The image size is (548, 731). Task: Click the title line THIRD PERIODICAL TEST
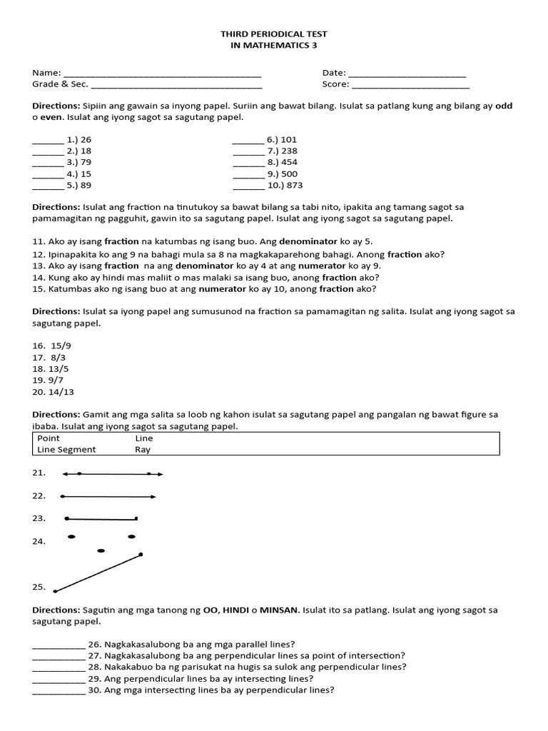point(274,34)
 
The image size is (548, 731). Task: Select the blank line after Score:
point(410,85)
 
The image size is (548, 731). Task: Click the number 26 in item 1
point(86,140)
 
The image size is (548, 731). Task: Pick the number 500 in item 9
point(289,174)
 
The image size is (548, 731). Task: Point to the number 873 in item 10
point(294,186)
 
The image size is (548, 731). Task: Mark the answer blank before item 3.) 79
point(48,163)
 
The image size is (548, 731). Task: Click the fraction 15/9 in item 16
point(61,346)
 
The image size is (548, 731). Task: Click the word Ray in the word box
point(143,450)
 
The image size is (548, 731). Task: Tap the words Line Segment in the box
point(66,450)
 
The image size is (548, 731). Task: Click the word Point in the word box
point(49,438)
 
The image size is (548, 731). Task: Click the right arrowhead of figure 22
point(153,496)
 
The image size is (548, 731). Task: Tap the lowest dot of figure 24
point(101,550)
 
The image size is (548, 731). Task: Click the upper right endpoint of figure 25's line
point(141,554)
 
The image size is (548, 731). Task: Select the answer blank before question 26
point(59,645)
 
